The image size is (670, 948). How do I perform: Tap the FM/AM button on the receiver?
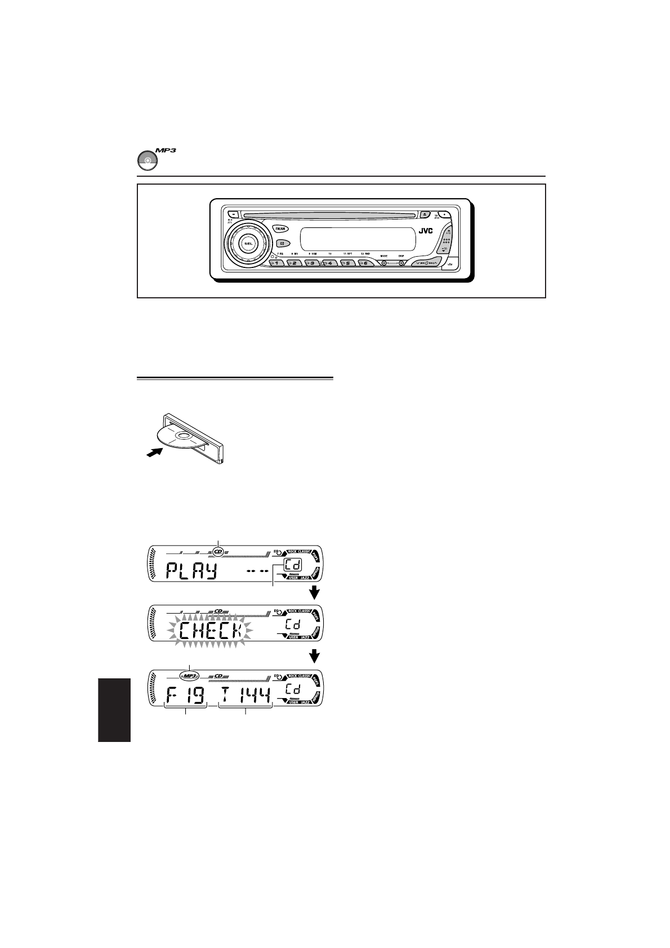280,228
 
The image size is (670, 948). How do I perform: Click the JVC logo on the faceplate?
425,230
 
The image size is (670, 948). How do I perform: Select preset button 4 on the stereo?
330,263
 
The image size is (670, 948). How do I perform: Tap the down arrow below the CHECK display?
315,656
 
